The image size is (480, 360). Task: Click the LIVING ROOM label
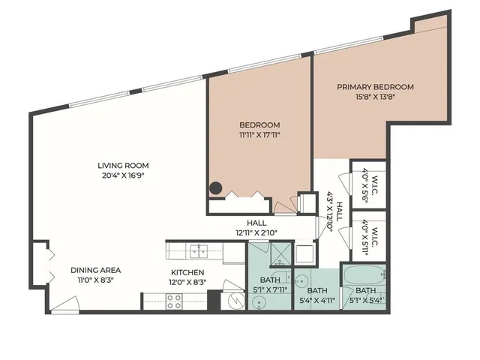pos(122,166)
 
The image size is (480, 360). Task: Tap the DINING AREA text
pos(96,270)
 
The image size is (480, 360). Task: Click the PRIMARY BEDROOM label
pos(374,87)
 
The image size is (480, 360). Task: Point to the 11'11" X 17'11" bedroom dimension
pos(259,136)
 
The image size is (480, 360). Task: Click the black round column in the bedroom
pos(216,189)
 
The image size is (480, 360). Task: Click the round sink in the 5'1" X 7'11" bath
pos(260,301)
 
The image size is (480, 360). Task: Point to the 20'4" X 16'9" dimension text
pos(122,177)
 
